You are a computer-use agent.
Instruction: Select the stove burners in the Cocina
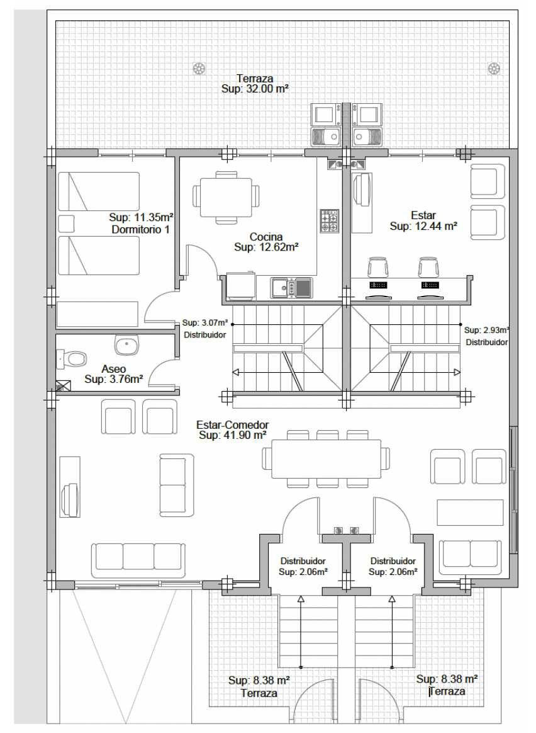click(x=329, y=221)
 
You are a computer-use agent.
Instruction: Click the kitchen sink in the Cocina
click(x=291, y=288)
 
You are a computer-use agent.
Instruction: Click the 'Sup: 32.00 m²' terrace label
click(x=254, y=89)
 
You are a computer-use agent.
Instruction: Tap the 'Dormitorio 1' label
click(x=140, y=229)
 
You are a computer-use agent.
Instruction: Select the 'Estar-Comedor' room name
click(x=233, y=425)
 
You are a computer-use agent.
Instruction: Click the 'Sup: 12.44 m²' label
click(x=423, y=226)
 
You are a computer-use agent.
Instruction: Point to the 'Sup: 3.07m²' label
click(x=205, y=322)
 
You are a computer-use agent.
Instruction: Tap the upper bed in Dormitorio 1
click(x=99, y=191)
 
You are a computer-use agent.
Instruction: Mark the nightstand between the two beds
click(x=66, y=224)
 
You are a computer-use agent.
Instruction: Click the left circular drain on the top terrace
click(x=199, y=69)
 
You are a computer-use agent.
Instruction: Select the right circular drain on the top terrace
click(x=494, y=69)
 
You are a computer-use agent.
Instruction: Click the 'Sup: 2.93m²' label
click(x=486, y=330)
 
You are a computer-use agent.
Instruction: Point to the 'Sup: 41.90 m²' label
click(x=233, y=435)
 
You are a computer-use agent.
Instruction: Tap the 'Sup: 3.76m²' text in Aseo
click(x=113, y=379)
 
